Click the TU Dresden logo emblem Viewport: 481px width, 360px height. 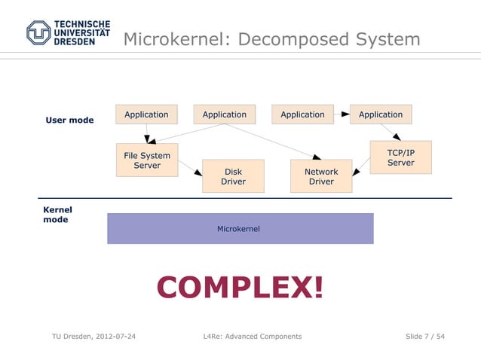38,32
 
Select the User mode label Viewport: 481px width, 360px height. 69,120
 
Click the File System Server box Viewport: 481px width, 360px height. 147,160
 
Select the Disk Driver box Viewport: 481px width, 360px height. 233,175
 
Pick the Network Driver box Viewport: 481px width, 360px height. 321,175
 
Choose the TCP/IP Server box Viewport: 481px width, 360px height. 400,157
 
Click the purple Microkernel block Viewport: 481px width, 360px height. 240,228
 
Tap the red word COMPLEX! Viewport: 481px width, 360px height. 240,287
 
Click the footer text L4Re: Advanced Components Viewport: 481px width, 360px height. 253,336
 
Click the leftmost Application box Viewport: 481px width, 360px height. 146,114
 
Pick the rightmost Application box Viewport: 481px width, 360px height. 381,114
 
